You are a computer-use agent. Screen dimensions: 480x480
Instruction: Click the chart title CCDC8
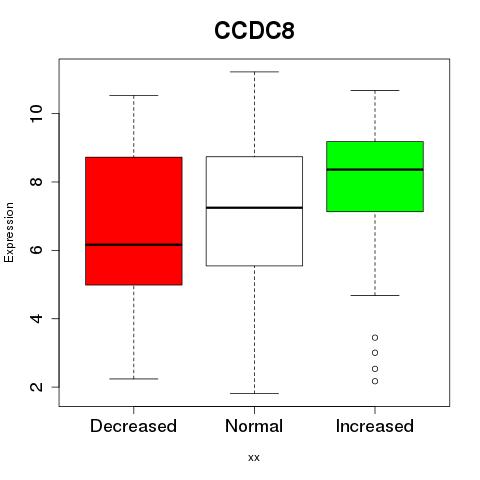tap(254, 31)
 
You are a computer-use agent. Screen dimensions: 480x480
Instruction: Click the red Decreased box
tap(134, 221)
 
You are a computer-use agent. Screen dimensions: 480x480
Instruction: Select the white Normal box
tap(254, 211)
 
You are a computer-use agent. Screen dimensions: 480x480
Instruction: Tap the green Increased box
tap(375, 176)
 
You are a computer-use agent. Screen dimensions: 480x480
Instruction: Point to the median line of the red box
tap(134, 245)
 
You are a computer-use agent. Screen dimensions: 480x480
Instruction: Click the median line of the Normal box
tap(254, 208)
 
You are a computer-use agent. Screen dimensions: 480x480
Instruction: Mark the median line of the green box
tap(375, 169)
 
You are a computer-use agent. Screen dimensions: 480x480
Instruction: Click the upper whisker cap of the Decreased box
tap(134, 96)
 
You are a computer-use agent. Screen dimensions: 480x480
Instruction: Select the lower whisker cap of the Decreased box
tap(134, 379)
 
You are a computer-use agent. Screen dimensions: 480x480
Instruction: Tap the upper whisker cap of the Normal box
tap(254, 72)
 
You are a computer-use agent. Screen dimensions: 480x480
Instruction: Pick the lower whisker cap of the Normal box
tap(254, 393)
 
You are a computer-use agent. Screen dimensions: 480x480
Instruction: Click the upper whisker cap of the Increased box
tap(375, 90)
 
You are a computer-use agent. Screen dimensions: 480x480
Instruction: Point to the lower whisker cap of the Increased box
tap(375, 295)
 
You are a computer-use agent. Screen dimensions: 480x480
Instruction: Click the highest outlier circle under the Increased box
tap(375, 338)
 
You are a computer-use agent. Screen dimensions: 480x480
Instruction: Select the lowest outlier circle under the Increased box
tap(375, 381)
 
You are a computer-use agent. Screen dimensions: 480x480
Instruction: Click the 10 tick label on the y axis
tap(37, 113)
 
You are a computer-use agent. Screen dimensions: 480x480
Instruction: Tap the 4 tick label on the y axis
tap(37, 318)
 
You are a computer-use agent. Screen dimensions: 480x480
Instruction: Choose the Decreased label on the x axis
tap(133, 426)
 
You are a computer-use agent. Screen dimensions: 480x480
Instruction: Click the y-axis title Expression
tap(9, 232)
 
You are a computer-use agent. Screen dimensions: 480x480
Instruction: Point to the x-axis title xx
tap(254, 458)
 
